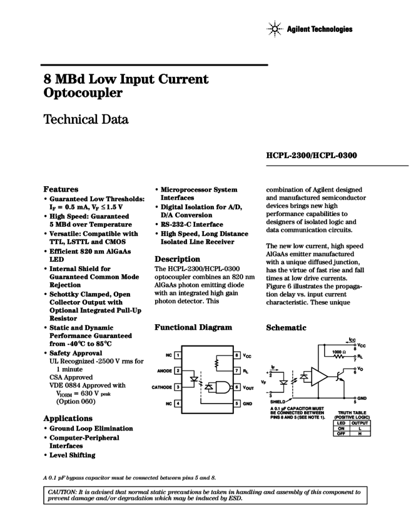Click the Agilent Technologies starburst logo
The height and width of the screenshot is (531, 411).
click(x=275, y=29)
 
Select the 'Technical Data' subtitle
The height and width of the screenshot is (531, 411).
click(x=86, y=119)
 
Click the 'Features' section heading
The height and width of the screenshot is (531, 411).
click(x=61, y=189)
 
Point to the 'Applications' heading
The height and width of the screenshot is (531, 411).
click(x=69, y=418)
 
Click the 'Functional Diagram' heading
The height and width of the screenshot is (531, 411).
click(x=193, y=327)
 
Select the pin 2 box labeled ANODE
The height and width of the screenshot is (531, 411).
click(x=178, y=371)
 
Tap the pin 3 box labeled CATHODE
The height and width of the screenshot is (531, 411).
click(x=178, y=387)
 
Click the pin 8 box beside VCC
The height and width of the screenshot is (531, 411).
click(x=237, y=355)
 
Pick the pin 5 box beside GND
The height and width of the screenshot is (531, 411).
click(x=237, y=404)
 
